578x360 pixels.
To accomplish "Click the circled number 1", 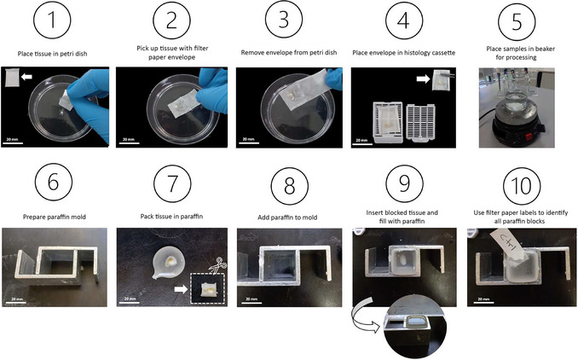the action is [x=52, y=20].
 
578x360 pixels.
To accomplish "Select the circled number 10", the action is [x=522, y=185].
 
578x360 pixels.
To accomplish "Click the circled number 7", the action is [x=172, y=183].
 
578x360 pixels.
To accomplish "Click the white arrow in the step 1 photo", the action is [x=26, y=77].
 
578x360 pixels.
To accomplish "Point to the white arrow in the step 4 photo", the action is [x=423, y=78].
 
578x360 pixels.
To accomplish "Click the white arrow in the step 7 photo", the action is [x=181, y=289].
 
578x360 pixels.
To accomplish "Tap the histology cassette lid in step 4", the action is [x=420, y=123].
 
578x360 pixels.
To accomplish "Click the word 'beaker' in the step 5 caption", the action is [x=546, y=49].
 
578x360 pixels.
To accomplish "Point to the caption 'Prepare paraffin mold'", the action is [x=55, y=217].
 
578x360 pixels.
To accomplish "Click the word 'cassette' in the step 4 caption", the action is [x=442, y=53].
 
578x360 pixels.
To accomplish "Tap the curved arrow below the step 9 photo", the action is [x=363, y=320].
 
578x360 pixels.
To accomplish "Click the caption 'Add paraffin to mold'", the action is [x=287, y=218].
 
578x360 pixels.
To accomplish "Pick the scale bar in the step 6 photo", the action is [x=16, y=303].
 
